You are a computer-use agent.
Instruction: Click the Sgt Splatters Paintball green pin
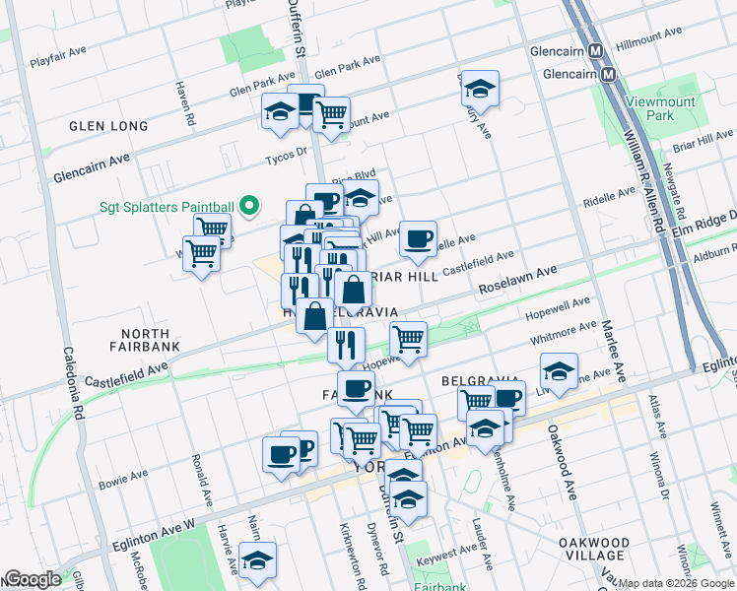click(249, 207)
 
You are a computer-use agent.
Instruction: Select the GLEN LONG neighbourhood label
click(108, 126)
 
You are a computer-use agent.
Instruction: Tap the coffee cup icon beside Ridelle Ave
click(418, 238)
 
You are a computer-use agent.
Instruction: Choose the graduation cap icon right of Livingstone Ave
click(558, 372)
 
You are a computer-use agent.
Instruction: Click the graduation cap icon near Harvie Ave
click(257, 559)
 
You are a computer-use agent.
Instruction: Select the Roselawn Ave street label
click(517, 280)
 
